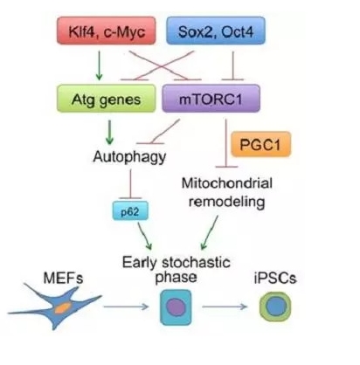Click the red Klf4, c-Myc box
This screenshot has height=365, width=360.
pos(106,31)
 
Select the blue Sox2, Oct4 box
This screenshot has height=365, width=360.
pos(216,31)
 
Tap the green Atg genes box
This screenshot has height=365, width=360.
pos(106,99)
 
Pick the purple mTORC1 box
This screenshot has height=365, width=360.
pos(211,99)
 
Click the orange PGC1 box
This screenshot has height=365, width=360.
pos(260,144)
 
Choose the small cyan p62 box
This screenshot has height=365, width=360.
pos(130,210)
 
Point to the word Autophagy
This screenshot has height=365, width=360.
pos(129,157)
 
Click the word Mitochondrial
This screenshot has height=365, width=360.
pos(227,183)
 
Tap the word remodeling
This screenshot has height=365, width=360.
pos(227,201)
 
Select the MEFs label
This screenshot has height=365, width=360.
pos(63,278)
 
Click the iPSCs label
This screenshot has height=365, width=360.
pos(275,278)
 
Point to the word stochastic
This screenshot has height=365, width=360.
pos(197,262)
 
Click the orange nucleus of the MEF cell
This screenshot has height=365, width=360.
pos(63,307)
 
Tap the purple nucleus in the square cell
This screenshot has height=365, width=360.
pos(176,307)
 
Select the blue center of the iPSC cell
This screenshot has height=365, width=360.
pos(275,306)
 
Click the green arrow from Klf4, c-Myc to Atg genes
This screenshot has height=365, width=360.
pos(99,65)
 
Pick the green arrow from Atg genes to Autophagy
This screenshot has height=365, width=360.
pos(109,133)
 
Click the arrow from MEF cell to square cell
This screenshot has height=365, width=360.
pos(126,306)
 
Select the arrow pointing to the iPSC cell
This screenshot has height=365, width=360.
pos(225,306)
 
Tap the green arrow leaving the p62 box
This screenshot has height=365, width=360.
pos(145,236)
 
